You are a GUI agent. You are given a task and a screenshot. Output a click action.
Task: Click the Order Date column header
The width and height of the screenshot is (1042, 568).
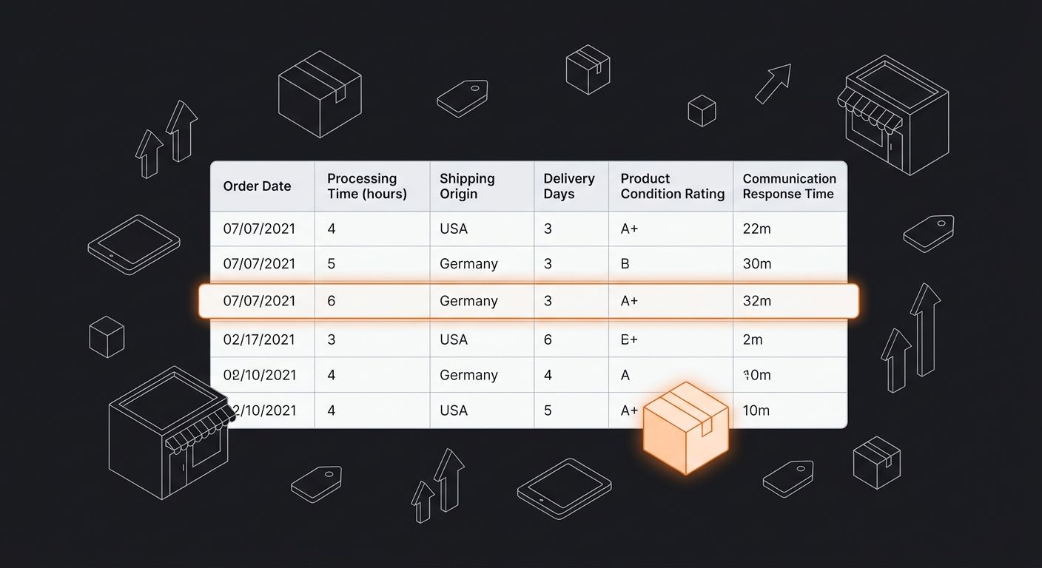(x=257, y=186)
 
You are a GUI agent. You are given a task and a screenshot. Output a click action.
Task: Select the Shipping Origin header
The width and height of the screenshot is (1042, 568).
(x=467, y=186)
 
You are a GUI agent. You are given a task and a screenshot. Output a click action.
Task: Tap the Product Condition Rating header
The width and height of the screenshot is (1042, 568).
(x=672, y=186)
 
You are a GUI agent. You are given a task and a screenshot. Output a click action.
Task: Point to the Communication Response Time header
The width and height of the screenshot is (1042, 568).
(x=789, y=186)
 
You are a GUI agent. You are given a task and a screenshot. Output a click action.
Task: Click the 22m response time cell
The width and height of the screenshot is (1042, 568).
(x=756, y=229)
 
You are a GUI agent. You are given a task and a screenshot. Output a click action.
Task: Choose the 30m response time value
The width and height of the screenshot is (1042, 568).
(x=756, y=264)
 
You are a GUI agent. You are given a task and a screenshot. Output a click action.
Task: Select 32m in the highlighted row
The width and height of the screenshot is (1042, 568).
(x=756, y=301)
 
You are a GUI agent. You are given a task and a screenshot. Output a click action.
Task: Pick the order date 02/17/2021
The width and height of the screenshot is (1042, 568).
(x=259, y=339)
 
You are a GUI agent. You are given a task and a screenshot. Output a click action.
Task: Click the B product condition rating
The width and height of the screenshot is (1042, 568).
(x=625, y=264)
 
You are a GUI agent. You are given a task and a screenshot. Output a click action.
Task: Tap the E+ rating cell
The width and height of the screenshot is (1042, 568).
(x=629, y=339)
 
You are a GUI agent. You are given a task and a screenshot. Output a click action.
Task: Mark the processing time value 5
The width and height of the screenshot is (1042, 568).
(x=332, y=264)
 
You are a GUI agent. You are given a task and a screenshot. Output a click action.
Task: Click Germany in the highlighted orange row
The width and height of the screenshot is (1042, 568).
(x=468, y=301)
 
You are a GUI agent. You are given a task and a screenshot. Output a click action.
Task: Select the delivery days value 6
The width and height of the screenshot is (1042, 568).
(x=548, y=339)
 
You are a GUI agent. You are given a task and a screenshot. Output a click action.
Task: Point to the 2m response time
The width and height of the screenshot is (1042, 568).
(x=752, y=339)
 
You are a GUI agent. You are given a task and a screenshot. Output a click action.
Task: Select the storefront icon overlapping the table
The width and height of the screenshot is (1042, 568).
(x=169, y=432)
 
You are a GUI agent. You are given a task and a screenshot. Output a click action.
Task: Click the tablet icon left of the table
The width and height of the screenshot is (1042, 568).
(x=134, y=244)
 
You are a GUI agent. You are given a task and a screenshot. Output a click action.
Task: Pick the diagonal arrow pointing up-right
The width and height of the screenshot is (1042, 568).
(x=773, y=83)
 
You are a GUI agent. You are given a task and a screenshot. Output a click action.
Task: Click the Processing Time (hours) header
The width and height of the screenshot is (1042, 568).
(x=367, y=186)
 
